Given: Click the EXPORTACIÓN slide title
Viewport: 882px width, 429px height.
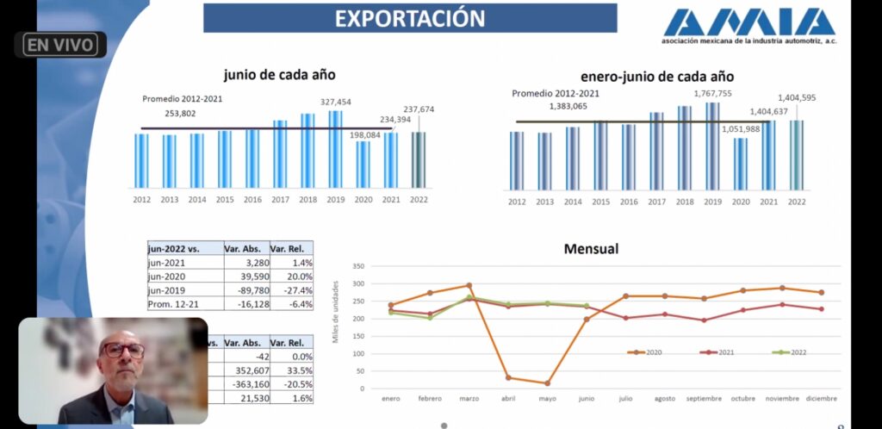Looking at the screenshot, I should point(410,18).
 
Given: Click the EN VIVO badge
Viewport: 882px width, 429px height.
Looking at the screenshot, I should point(59,45).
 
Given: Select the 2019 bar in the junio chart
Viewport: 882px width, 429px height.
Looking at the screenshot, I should point(335,149).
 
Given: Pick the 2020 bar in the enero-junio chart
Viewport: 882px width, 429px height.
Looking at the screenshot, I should point(741,164).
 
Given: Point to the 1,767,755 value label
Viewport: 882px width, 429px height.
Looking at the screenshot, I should point(712,94).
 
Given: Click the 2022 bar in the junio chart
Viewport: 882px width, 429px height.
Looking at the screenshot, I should point(418,159).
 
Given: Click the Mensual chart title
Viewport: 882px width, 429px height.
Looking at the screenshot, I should point(591,249).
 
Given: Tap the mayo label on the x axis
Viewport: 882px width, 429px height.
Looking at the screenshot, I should point(548,399).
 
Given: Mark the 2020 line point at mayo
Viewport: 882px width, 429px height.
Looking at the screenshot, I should point(547,383).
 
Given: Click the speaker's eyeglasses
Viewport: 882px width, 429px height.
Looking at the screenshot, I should point(123,350).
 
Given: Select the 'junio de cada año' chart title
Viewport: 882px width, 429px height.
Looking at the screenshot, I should point(279,75).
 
